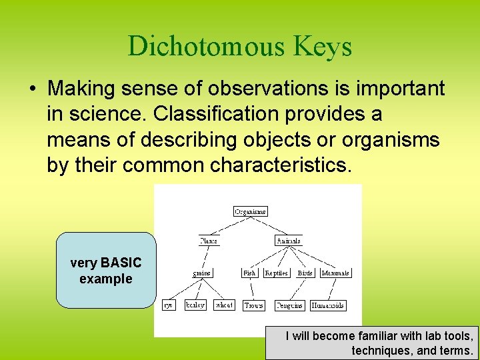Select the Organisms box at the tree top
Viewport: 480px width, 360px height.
pos(251,211)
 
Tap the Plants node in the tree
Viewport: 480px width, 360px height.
pos(209,241)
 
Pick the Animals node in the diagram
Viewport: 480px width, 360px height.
pos(289,241)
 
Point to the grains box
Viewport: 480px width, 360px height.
pos(202,273)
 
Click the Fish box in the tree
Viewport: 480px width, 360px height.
pos(249,273)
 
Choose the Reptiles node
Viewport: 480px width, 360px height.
pos(276,273)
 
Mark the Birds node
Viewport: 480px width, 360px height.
pos(305,273)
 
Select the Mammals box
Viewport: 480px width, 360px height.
pos(335,273)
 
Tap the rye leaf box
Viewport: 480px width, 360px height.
pos(169,305)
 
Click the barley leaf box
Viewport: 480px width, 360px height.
pos(195,305)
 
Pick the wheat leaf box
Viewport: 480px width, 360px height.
pos(223,305)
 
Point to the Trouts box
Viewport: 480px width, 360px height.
pos(253,305)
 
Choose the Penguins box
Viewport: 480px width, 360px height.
pos(289,305)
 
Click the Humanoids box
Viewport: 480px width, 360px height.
pos(328,305)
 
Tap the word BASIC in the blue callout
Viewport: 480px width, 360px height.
pos(121,263)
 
